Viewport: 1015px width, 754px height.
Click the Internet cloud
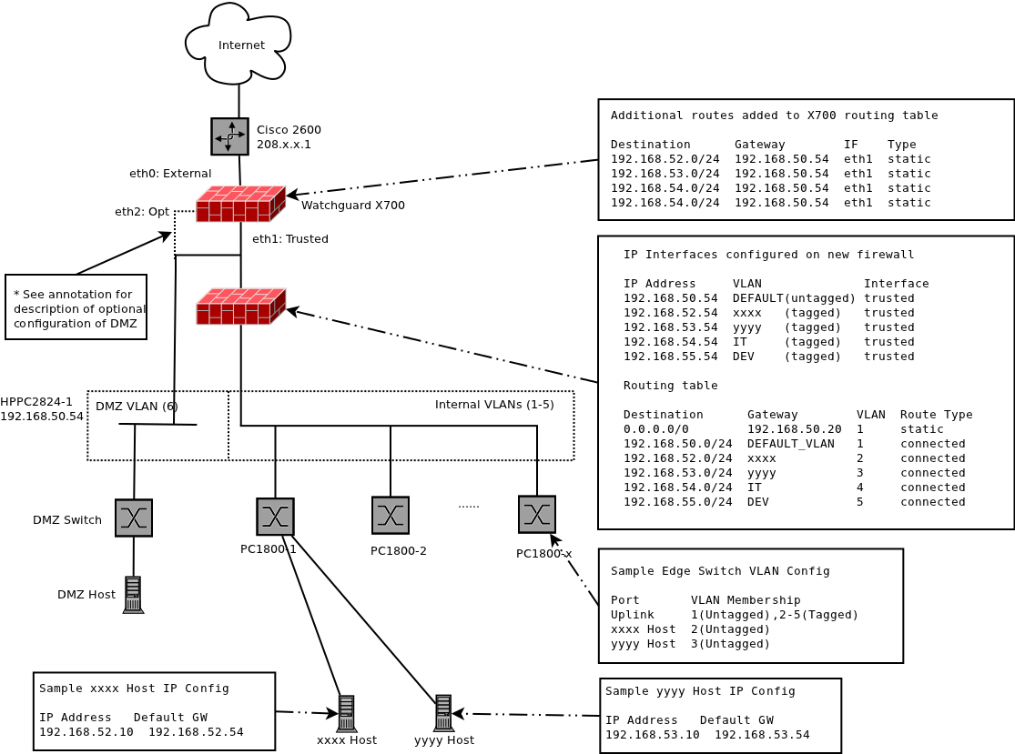239,44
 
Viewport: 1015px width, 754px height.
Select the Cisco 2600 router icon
229,136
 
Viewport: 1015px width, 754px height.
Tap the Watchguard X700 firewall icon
240,204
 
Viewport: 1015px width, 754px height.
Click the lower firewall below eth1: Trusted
240,307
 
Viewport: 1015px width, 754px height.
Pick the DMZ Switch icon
134,518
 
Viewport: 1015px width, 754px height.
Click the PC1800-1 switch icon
275,517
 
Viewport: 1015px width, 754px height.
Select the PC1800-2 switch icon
391,515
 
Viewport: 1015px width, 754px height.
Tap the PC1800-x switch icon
537,514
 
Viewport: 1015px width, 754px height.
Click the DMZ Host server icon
133,595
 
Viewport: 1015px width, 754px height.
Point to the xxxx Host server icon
346,714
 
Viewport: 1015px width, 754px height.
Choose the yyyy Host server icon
443,713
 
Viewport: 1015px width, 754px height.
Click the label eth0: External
170,174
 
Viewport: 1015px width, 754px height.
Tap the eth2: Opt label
142,212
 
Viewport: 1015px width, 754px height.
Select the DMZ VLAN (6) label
137,407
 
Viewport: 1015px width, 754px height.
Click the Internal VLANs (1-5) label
494,405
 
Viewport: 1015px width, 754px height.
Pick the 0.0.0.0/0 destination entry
656,429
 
